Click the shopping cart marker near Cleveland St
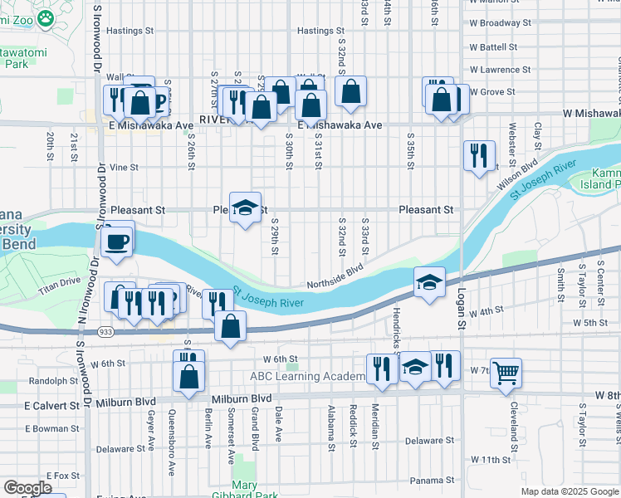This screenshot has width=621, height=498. pyautogui.click(x=506, y=373)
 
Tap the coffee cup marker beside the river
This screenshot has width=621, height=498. pyautogui.click(x=116, y=242)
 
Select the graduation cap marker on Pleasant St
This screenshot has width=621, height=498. pyautogui.click(x=246, y=208)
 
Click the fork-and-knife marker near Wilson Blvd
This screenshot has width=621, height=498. pyautogui.click(x=479, y=155)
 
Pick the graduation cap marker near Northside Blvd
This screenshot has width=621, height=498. pyautogui.click(x=429, y=283)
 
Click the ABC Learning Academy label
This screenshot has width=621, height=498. pyautogui.click(x=308, y=377)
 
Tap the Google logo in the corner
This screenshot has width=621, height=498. pyautogui.click(x=28, y=487)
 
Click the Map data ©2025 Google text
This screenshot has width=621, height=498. pyautogui.click(x=570, y=491)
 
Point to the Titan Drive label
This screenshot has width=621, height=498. pyautogui.click(x=59, y=281)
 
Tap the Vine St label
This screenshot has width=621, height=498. pyautogui.click(x=123, y=167)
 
